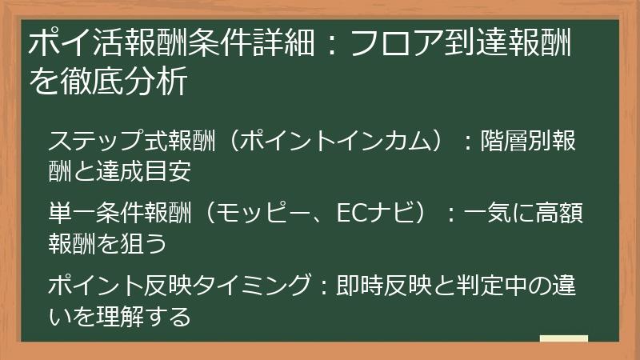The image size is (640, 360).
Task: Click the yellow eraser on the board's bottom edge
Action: tap(564, 339)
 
